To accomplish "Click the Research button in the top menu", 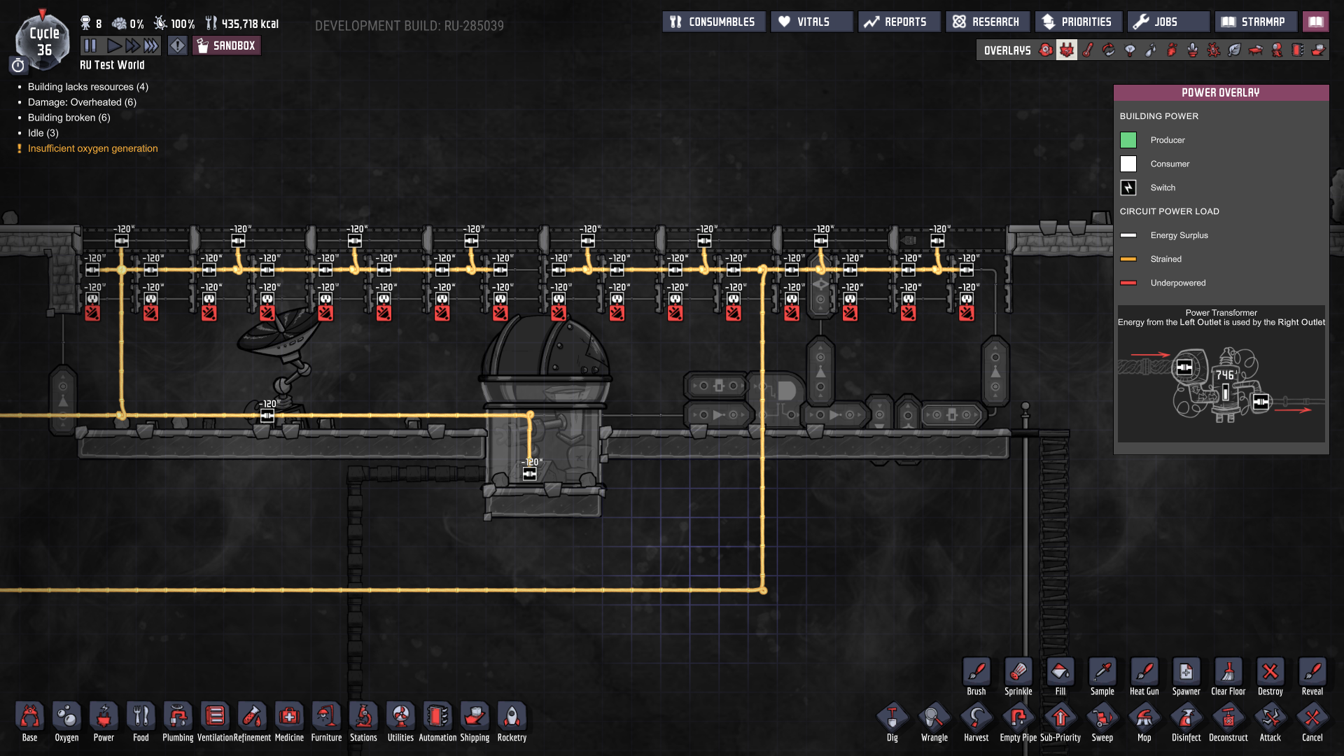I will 987,22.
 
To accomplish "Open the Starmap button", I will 1255,22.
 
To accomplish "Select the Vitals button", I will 812,22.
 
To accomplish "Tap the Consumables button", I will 713,22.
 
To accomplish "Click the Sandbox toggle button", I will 227,46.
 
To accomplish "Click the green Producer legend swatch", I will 1128,140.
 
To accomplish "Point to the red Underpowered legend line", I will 1128,283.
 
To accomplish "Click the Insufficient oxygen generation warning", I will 93,148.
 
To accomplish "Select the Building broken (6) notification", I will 69,118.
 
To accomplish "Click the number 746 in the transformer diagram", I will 1225,375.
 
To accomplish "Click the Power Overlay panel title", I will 1220,92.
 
